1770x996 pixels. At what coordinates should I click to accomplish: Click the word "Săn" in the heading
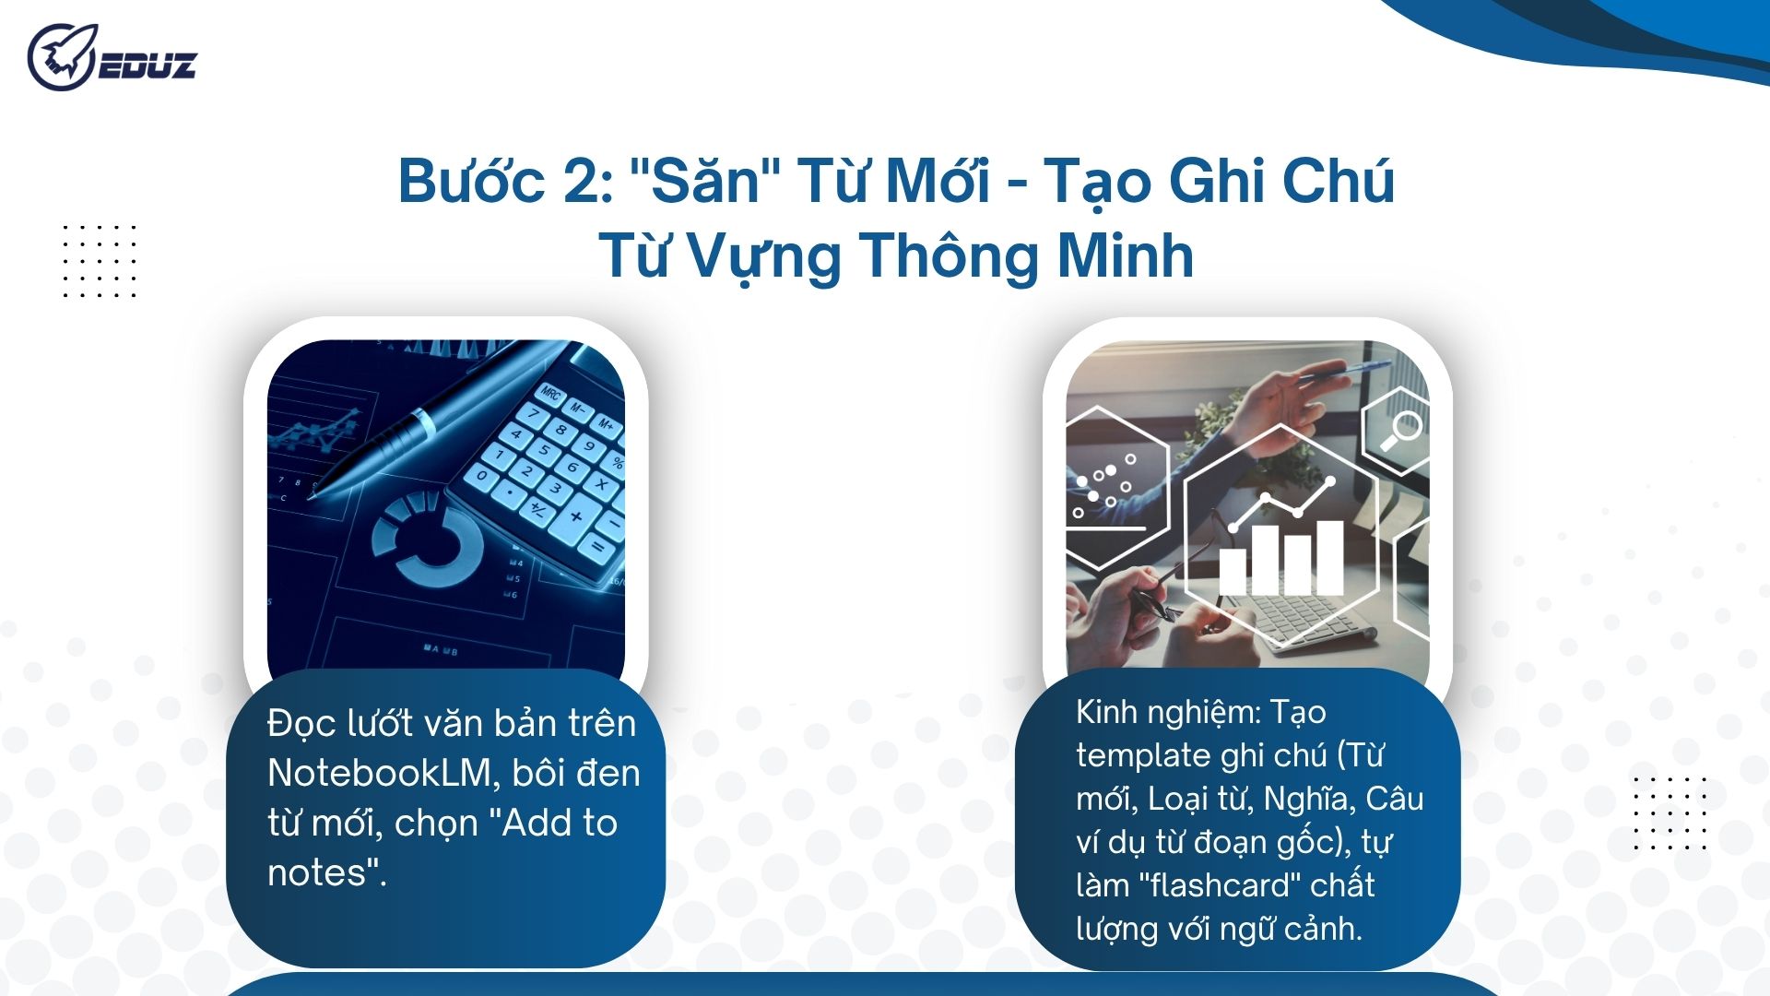pyautogui.click(x=705, y=181)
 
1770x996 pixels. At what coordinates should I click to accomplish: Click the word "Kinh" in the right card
pyautogui.click(x=1106, y=713)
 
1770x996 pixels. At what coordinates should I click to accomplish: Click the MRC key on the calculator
pyautogui.click(x=550, y=395)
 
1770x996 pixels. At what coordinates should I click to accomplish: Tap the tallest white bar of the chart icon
pyautogui.click(x=1328, y=557)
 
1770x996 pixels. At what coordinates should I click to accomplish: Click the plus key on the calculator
pyautogui.click(x=575, y=516)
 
